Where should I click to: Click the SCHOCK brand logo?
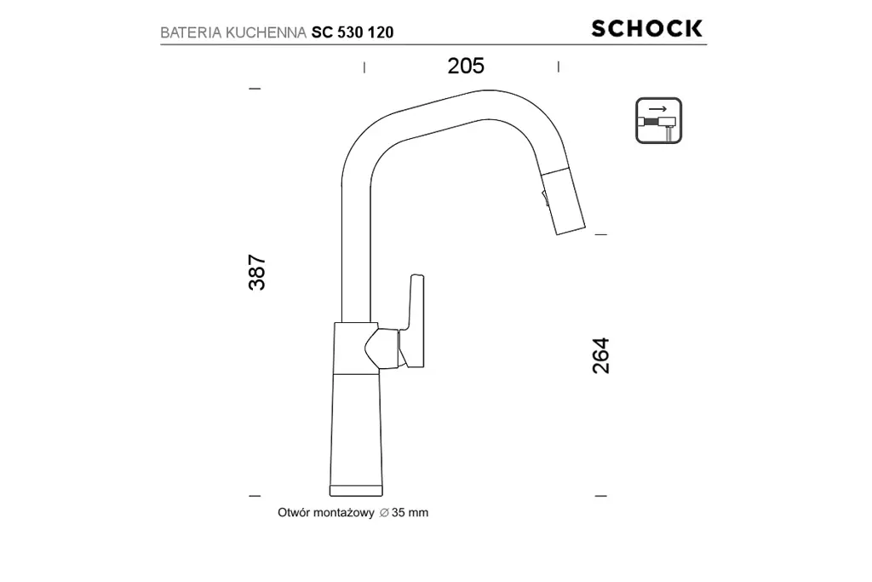pos(647,28)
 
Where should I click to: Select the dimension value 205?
pos(466,66)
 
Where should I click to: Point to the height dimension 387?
pos(257,272)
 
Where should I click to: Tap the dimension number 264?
pos(601,355)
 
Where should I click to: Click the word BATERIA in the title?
pos(191,33)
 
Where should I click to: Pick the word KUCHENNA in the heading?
pos(266,33)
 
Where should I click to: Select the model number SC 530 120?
pos(353,33)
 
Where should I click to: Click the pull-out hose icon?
pos(658,120)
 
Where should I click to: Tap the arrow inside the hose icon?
pos(658,109)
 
